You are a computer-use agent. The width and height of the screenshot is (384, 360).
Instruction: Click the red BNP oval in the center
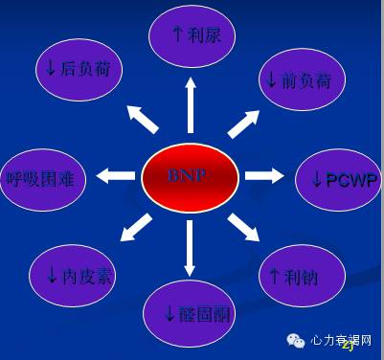190,177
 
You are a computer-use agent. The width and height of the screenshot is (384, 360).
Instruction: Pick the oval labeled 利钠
299,277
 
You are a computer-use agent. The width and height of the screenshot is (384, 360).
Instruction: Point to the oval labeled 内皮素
79,276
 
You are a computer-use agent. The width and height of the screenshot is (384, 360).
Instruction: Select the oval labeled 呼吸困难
46,177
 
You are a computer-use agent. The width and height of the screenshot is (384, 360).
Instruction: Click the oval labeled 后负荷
79,67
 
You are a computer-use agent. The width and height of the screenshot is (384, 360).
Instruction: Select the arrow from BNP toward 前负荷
243,124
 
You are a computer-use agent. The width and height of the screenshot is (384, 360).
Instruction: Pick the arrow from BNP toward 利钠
244,228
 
